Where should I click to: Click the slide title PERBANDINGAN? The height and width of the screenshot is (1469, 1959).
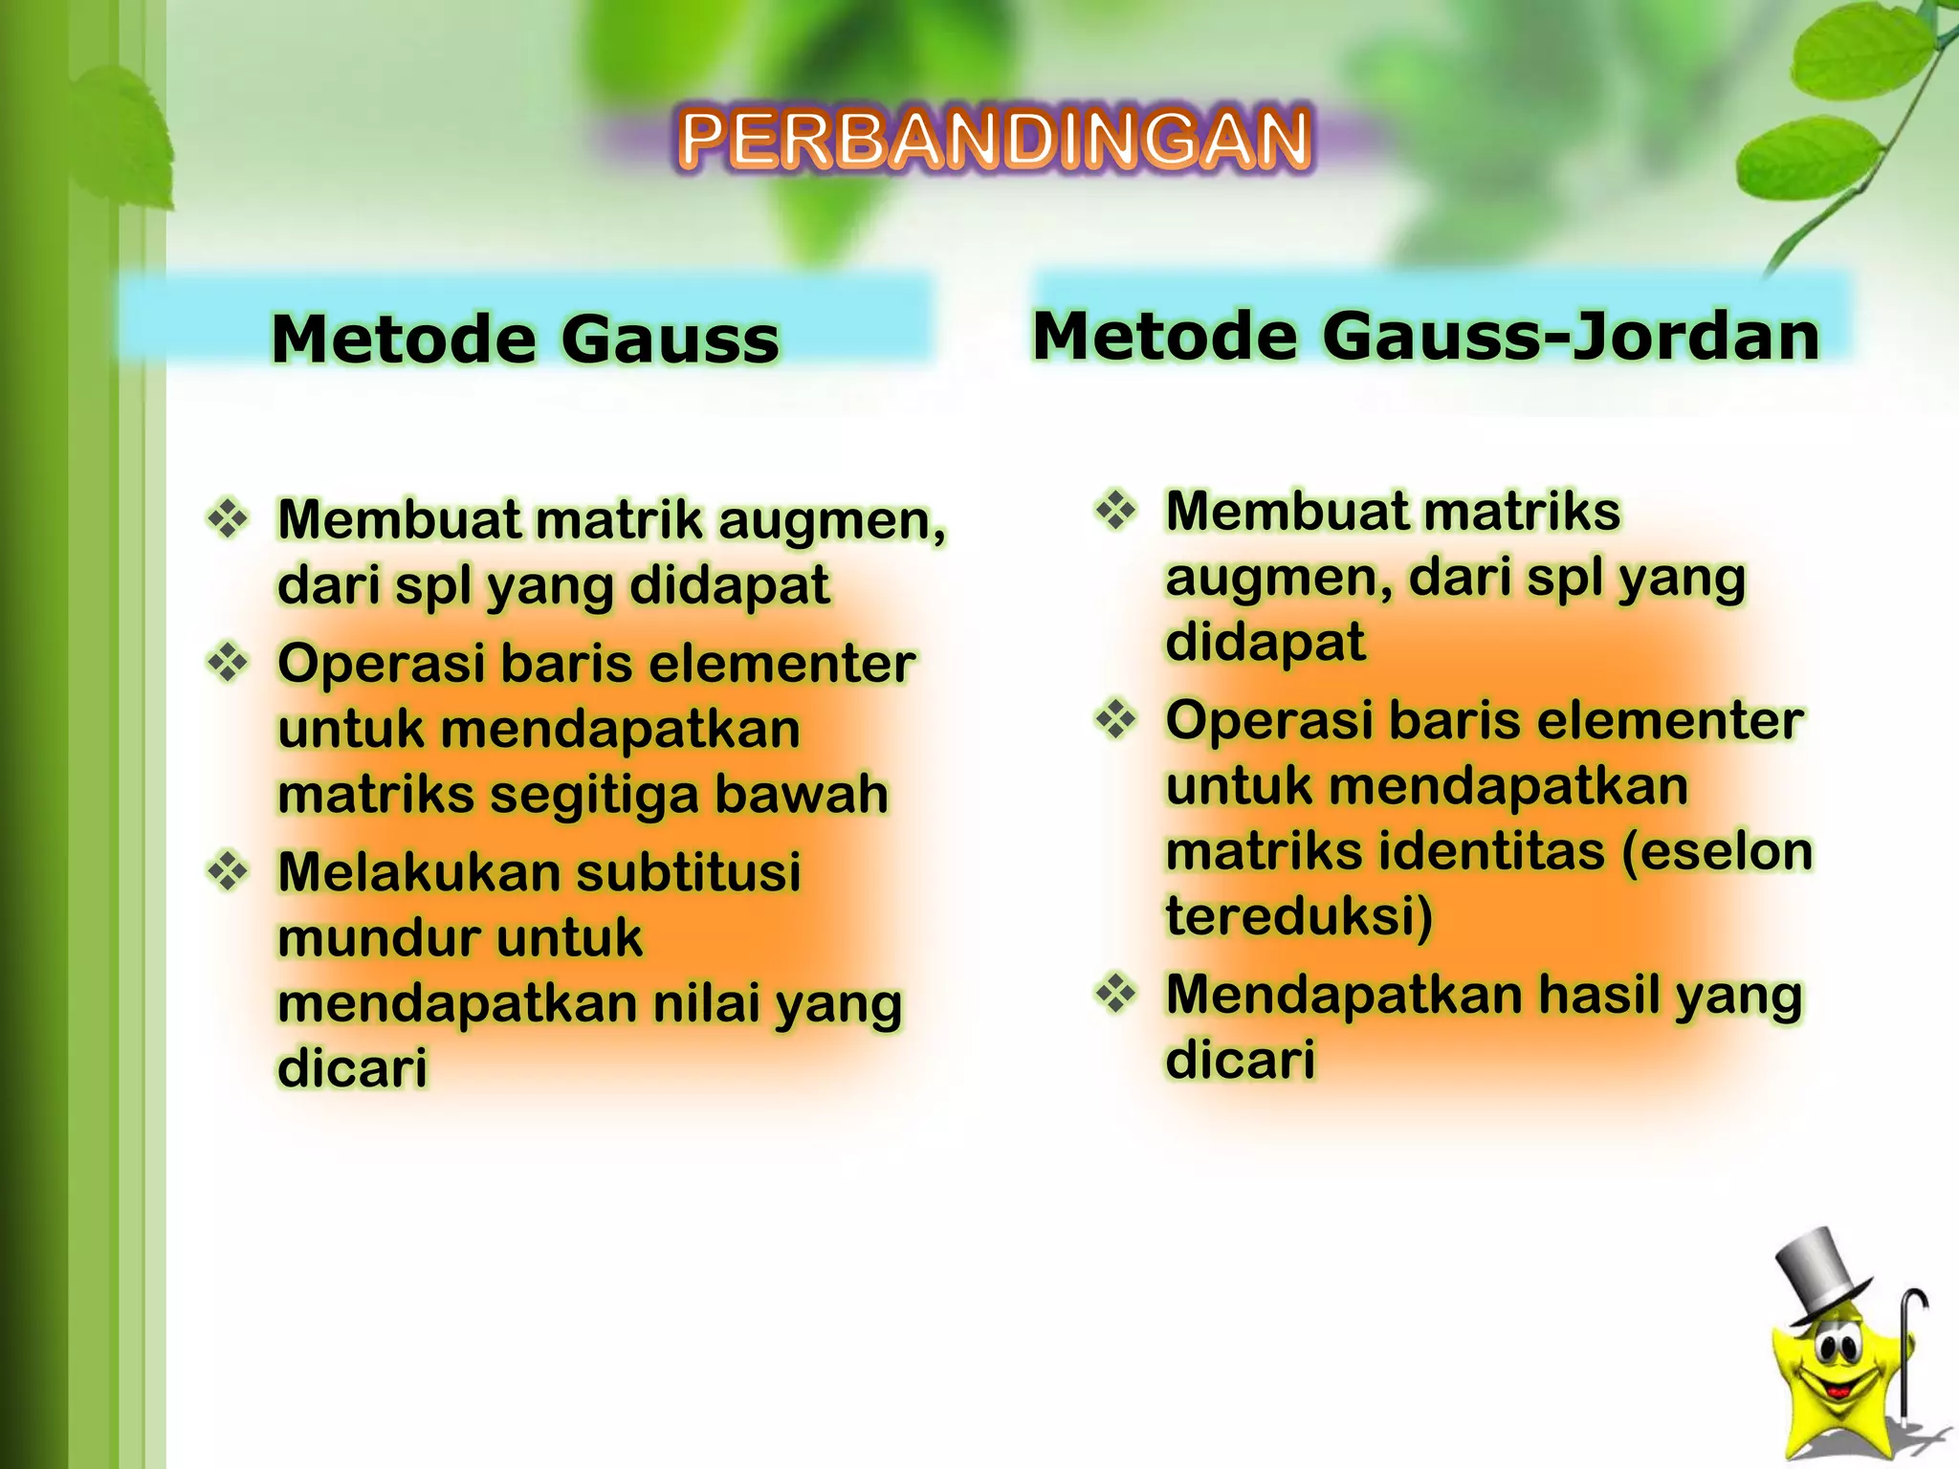tap(995, 141)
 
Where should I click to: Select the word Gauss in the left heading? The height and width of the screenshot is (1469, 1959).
tap(670, 340)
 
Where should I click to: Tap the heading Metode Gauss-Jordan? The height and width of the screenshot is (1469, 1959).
tap(1425, 337)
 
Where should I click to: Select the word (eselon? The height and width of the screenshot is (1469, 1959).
tap(1718, 851)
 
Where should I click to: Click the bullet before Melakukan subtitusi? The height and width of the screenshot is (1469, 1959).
tap(228, 870)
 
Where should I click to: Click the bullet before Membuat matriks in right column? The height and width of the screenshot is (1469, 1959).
tap(1115, 510)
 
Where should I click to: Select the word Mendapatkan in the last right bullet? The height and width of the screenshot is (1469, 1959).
tap(1322, 995)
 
